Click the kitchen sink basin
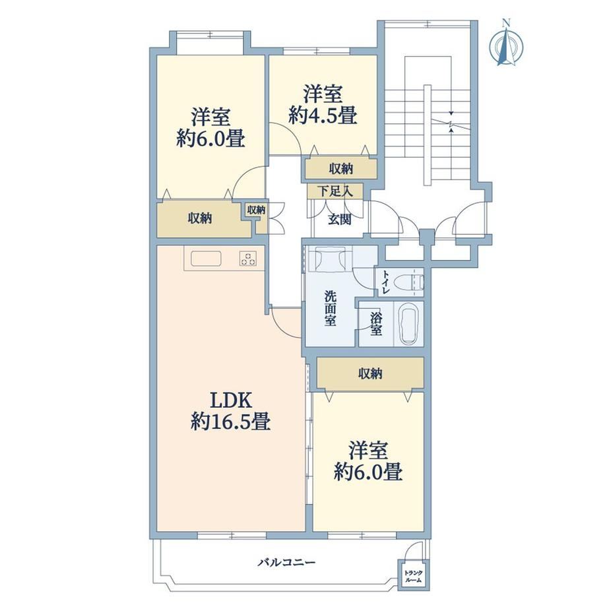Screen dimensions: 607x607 click(x=206, y=259)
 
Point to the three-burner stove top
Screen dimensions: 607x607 click(x=248, y=259)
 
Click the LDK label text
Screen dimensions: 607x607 click(x=231, y=400)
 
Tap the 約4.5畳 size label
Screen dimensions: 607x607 click(x=322, y=115)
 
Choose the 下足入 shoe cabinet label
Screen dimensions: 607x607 click(x=335, y=191)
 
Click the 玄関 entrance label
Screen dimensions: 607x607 click(x=340, y=220)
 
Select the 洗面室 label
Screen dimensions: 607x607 click(x=330, y=308)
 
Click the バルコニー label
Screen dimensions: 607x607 click(x=286, y=561)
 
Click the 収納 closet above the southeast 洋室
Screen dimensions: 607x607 click(x=370, y=374)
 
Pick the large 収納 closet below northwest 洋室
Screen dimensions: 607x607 click(x=200, y=219)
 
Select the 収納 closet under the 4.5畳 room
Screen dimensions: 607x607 click(x=341, y=169)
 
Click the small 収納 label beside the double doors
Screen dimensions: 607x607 click(x=256, y=210)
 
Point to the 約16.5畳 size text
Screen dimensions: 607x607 click(x=231, y=422)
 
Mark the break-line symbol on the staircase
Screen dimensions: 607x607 click(x=451, y=123)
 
